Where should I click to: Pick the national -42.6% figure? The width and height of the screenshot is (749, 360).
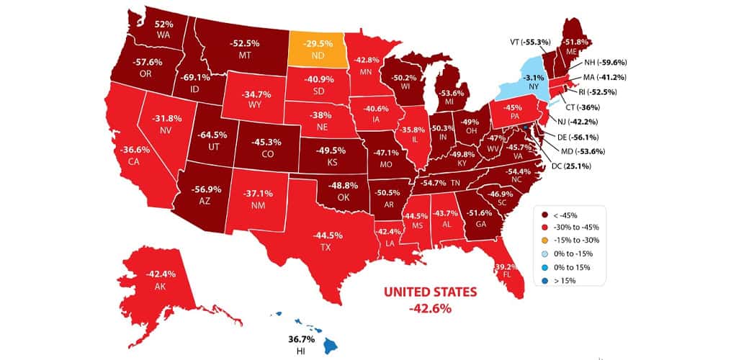click(429, 309)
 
